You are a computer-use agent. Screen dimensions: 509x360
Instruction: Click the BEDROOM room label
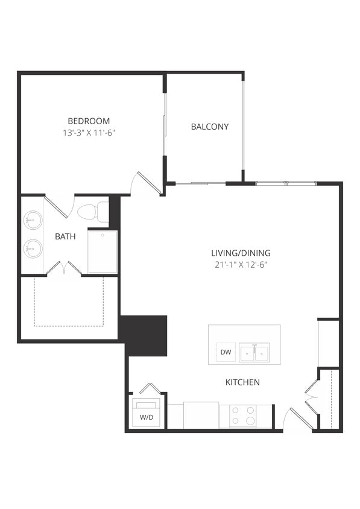(x=89, y=121)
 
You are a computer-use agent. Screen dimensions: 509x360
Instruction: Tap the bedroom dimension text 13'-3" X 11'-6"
(x=89, y=132)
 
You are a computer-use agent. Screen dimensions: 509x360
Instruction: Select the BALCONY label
(x=209, y=127)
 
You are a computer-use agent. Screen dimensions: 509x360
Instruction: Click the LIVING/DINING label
(x=241, y=253)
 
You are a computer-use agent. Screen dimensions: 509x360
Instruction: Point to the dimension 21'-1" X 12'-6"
(x=241, y=264)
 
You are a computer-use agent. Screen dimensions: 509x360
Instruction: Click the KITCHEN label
(x=242, y=382)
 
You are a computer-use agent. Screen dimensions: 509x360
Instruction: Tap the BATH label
(x=65, y=236)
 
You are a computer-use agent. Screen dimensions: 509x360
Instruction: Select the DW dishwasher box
(x=226, y=352)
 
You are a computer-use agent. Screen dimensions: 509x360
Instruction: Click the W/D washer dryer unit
(x=146, y=413)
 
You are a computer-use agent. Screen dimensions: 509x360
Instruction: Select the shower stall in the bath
(x=103, y=251)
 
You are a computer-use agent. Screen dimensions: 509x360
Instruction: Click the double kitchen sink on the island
(x=253, y=353)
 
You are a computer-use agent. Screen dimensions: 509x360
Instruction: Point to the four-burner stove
(x=244, y=416)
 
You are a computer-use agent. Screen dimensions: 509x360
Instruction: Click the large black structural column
(x=145, y=334)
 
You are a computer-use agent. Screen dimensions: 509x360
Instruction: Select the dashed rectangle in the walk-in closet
(x=68, y=301)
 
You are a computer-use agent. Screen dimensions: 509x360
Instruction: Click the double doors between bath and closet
(x=65, y=268)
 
